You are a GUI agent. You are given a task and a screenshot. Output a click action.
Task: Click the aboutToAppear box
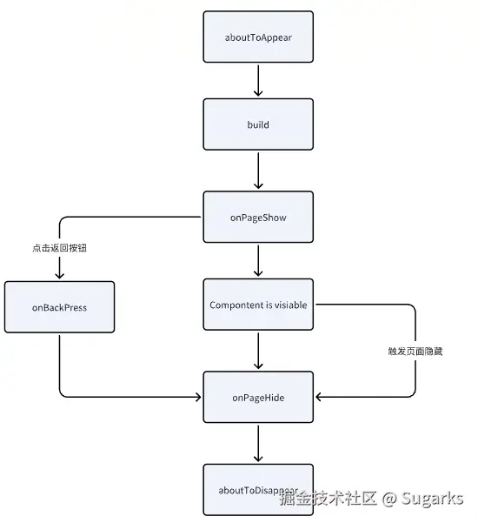coord(258,37)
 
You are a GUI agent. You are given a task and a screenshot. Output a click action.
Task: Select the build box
coord(258,124)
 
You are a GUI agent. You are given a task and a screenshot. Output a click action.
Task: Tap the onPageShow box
coord(258,217)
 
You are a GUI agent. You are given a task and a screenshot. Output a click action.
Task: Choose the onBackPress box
coord(59,306)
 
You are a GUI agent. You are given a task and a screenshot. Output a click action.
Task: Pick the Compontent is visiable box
coord(258,305)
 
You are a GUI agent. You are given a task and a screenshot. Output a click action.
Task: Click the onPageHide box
coord(258,397)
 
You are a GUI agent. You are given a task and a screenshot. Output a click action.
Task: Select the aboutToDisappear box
coord(258,490)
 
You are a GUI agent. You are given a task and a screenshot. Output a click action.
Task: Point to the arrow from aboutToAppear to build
coord(258,80)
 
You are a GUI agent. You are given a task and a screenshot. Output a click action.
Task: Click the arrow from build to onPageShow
coord(258,170)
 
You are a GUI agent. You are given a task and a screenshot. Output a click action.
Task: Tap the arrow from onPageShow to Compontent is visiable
coord(258,260)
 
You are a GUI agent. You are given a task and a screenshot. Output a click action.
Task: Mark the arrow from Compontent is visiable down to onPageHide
coord(258,351)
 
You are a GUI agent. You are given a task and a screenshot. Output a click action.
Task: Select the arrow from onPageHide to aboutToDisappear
coord(258,443)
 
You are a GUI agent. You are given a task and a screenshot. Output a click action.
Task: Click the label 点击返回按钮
coord(59,248)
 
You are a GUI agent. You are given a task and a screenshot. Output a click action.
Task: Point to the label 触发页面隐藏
coord(415,351)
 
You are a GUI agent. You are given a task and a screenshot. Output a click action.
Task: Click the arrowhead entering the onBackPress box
coord(59,275)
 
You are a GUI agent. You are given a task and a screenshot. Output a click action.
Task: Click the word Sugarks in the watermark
coord(432,499)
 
